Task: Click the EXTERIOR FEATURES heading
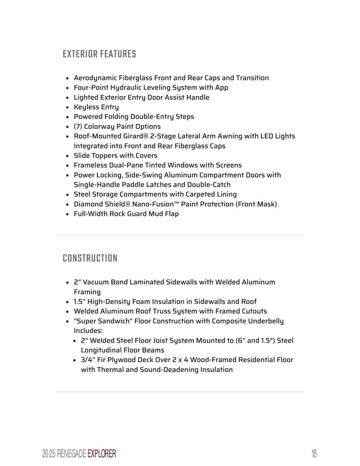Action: tap(99, 54)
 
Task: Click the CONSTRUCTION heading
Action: tap(90, 258)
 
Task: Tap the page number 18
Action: tap(314, 454)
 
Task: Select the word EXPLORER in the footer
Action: tap(102, 454)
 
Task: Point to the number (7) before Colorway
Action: tap(78, 127)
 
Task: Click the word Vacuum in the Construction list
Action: tap(96, 282)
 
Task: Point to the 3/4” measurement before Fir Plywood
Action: tap(88, 360)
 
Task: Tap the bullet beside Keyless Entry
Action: tap(67, 107)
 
